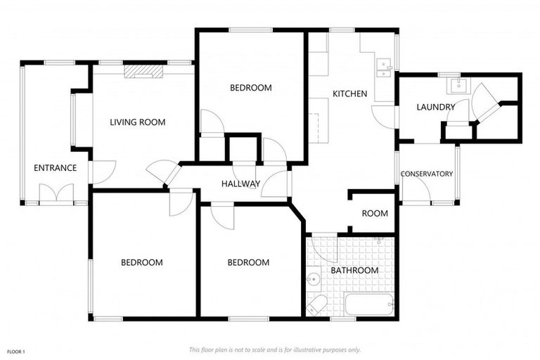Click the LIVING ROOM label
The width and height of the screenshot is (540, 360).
tap(137, 122)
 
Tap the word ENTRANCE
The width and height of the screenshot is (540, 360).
tap(55, 168)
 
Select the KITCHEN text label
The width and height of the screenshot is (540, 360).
tap(349, 94)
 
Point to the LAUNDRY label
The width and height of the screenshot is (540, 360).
tap(435, 108)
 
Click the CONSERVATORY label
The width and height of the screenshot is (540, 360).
tap(426, 174)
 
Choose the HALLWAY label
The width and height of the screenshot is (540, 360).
tap(240, 184)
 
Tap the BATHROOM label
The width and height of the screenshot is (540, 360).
tap(354, 270)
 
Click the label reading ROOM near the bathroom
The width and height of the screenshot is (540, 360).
tap(375, 214)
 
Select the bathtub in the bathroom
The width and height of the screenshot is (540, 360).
tap(370, 305)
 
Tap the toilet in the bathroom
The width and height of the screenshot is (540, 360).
tap(318, 305)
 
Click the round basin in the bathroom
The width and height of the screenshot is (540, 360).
tap(313, 281)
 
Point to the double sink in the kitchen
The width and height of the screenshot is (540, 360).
tap(384, 67)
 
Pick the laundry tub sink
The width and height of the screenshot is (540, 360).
tap(457, 86)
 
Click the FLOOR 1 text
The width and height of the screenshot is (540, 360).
tap(16, 351)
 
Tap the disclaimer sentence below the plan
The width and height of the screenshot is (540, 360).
tap(274, 349)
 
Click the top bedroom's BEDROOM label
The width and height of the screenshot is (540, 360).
tap(251, 88)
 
